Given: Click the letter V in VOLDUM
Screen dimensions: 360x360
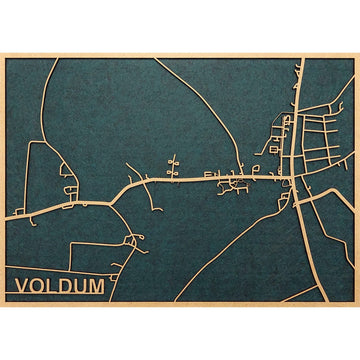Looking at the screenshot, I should tap(22, 287).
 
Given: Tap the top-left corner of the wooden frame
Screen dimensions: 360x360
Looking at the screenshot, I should tap(3, 55).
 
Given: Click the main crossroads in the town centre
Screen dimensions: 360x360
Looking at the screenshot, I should tap(291, 179).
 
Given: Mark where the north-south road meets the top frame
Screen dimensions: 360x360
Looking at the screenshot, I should tap(298, 59).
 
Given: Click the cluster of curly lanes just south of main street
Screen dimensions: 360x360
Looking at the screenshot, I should tap(236, 186).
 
